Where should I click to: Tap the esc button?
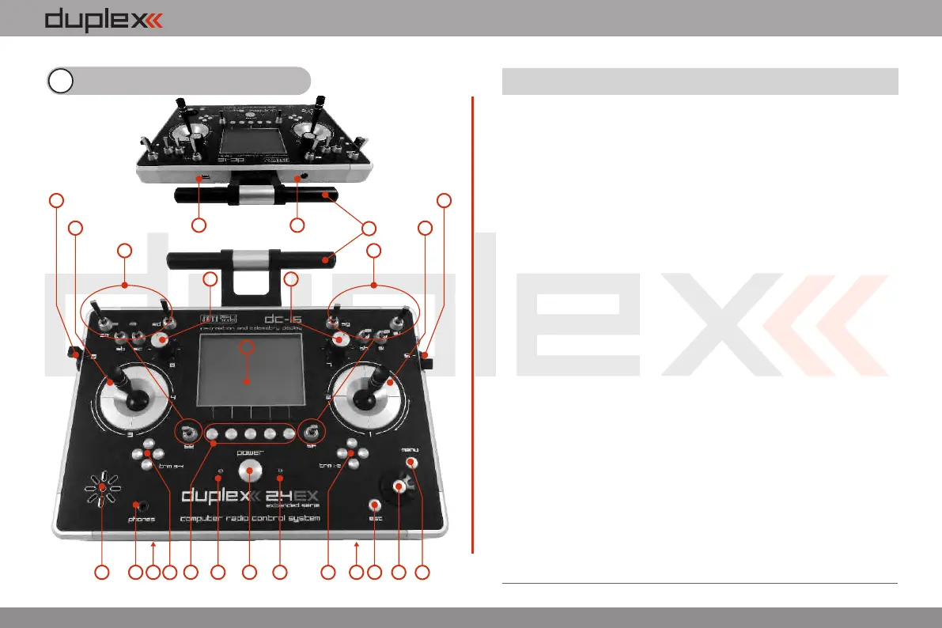click(x=375, y=505)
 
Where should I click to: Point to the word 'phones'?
click(x=142, y=519)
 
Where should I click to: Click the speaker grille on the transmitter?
click(x=101, y=489)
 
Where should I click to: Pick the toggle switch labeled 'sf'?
click(x=312, y=433)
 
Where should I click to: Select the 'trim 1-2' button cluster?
click(x=352, y=457)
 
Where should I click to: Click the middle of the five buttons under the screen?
click(x=251, y=434)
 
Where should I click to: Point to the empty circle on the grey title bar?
click(x=60, y=81)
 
